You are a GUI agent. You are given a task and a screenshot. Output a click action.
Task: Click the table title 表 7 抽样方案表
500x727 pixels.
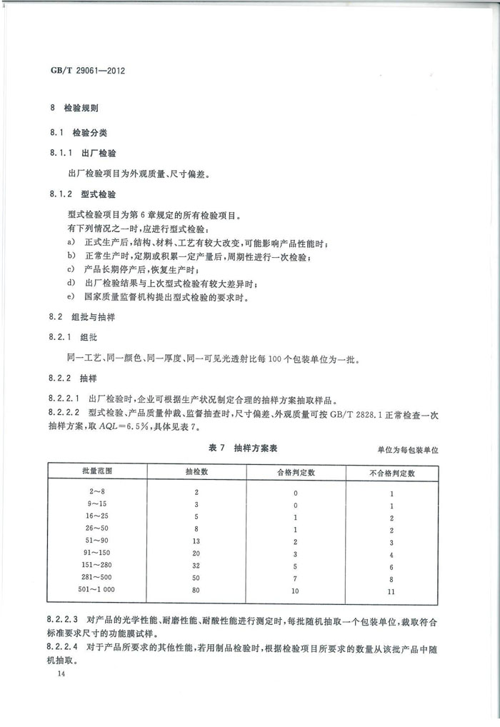pyautogui.click(x=242, y=448)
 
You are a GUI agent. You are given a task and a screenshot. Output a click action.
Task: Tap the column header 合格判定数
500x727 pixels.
pyautogui.click(x=296, y=472)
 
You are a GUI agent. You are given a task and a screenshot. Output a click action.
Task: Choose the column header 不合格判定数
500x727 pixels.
pyautogui.click(x=393, y=472)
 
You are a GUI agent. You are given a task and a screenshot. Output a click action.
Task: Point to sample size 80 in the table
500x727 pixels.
pyautogui.click(x=196, y=589)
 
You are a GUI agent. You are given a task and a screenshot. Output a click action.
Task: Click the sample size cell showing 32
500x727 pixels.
pyautogui.click(x=196, y=565)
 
